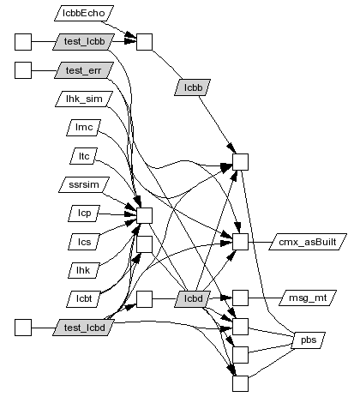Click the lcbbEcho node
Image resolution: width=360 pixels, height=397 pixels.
point(84,13)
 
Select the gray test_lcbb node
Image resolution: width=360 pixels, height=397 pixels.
point(84,42)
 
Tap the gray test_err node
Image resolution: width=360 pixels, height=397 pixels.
point(84,70)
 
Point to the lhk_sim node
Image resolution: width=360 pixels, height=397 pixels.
point(84,99)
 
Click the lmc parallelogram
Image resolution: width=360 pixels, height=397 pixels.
point(84,127)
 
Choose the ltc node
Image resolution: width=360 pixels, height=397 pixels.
point(84,156)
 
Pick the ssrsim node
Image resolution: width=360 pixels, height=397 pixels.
point(84,184)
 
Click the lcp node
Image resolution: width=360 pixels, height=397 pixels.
point(84,214)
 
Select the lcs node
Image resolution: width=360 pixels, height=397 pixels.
point(84,242)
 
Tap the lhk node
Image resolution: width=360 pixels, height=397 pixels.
point(83,270)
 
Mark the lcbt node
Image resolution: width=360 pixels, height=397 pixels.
point(84,299)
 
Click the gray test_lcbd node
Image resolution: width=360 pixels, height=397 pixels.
point(84,328)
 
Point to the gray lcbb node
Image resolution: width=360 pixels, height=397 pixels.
point(193,87)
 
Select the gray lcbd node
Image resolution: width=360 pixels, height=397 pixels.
point(193,299)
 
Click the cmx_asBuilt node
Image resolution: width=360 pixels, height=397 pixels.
point(308,242)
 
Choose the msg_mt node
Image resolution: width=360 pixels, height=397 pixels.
point(308,298)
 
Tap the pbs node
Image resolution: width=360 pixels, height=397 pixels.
point(309,340)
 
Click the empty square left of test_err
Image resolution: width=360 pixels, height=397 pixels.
point(23,70)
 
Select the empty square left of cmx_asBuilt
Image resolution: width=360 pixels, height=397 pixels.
point(240,242)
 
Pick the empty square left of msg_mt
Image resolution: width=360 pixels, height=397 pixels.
point(240,298)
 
